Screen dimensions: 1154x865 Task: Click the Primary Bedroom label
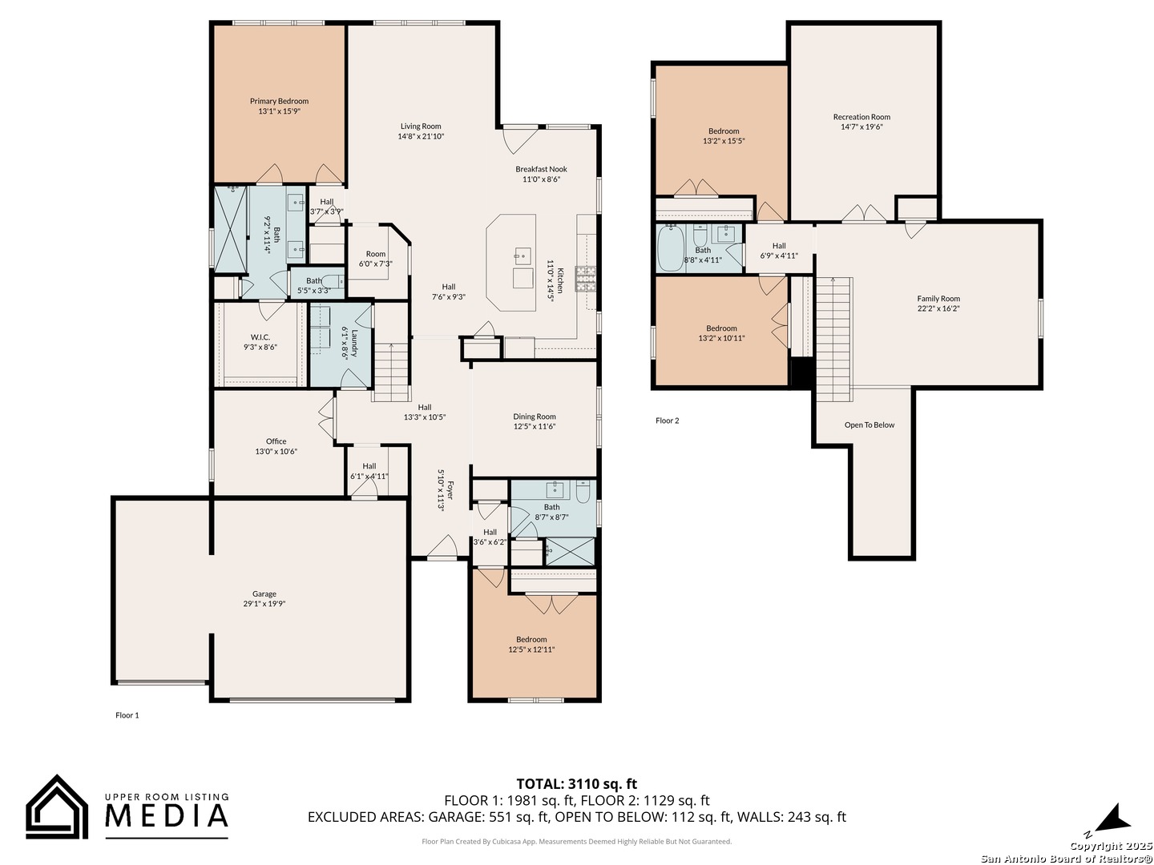(279, 101)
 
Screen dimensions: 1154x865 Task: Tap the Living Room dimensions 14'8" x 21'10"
(421, 136)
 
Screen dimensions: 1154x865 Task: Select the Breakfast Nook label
(541, 169)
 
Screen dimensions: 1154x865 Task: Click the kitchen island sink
(522, 258)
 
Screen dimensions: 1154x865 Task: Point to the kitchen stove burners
(586, 279)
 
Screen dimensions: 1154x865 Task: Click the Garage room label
(264, 594)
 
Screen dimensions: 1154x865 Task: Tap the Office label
(276, 441)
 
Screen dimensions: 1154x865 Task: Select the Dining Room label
(535, 416)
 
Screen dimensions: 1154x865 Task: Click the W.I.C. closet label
(260, 337)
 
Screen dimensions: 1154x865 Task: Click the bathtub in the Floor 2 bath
(670, 248)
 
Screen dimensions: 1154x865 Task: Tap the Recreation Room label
(861, 117)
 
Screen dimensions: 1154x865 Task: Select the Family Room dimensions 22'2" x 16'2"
(938, 308)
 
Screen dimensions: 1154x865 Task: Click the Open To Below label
(869, 424)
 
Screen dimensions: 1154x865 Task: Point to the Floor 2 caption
(668, 420)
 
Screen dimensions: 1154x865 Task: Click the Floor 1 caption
(127, 714)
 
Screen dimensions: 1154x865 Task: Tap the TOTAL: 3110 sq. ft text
(577, 783)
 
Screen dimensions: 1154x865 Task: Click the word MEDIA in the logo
(167, 816)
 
